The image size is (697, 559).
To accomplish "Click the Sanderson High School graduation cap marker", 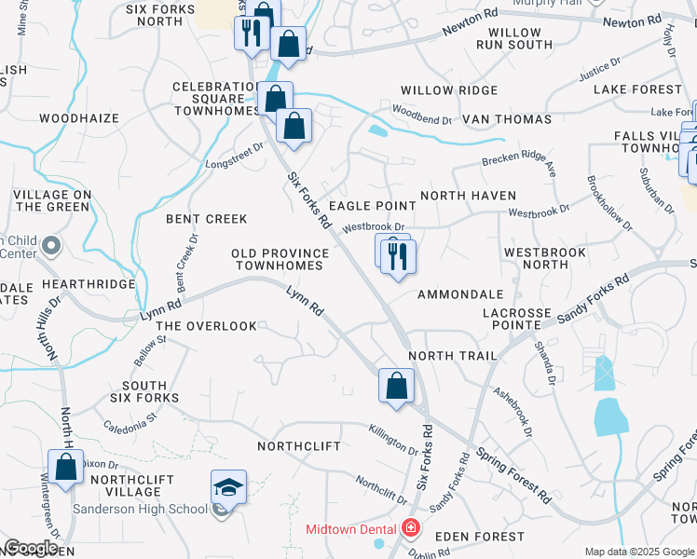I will coord(228,487).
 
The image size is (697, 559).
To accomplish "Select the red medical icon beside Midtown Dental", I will coord(410,529).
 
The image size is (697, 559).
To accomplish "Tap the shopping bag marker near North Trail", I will coord(396,386).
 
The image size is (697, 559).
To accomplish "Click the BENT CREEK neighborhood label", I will coord(207,219).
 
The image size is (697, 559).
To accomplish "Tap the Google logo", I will coord(31,548).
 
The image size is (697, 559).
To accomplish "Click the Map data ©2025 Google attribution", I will coord(638,552).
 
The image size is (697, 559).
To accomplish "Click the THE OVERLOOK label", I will coord(206,326).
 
